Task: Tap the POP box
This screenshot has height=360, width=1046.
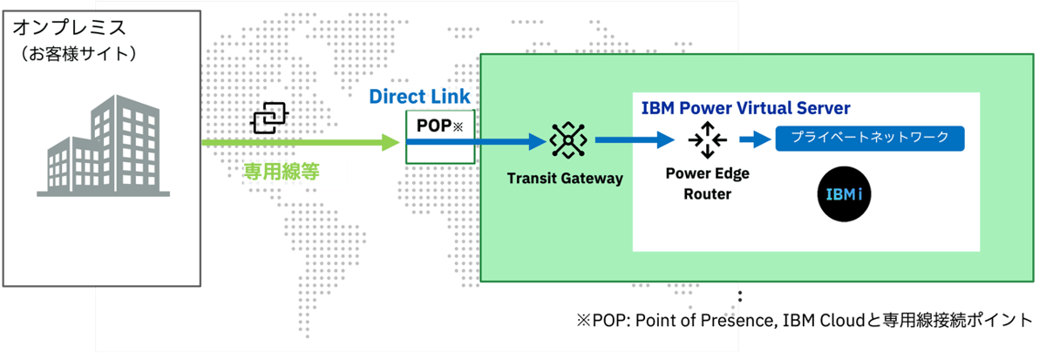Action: coord(440,137)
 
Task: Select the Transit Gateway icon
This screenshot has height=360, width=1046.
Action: coord(567,139)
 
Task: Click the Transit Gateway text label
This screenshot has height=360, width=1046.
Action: coord(566,179)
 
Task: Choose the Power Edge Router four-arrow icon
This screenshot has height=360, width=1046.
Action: coord(706,139)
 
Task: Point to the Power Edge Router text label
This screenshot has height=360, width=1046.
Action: coord(707,183)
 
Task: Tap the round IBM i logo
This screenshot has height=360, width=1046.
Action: coord(843,192)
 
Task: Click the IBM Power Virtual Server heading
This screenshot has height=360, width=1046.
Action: coord(745,109)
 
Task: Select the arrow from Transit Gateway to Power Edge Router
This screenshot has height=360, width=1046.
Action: coord(635,139)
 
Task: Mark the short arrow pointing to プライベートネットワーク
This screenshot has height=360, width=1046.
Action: coord(753,139)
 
